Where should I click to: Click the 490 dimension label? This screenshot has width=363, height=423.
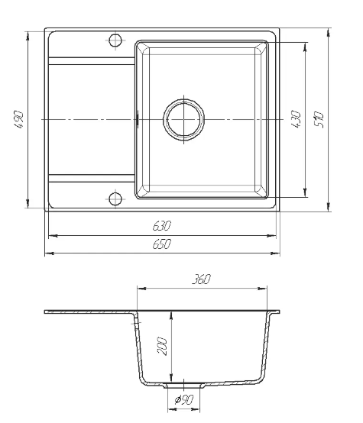point(19,119)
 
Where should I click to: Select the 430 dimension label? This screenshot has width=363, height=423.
point(296,119)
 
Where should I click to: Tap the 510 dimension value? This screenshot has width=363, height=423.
point(319,120)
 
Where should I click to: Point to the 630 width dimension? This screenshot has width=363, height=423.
point(162,226)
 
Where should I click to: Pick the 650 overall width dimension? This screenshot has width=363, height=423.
point(162,244)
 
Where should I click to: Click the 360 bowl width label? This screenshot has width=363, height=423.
point(201,279)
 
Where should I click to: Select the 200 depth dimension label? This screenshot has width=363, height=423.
point(162,346)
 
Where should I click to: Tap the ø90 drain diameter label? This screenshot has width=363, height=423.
point(184,399)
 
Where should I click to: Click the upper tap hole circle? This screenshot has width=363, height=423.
point(115,40)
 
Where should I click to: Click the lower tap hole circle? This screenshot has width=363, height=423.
point(115,199)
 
